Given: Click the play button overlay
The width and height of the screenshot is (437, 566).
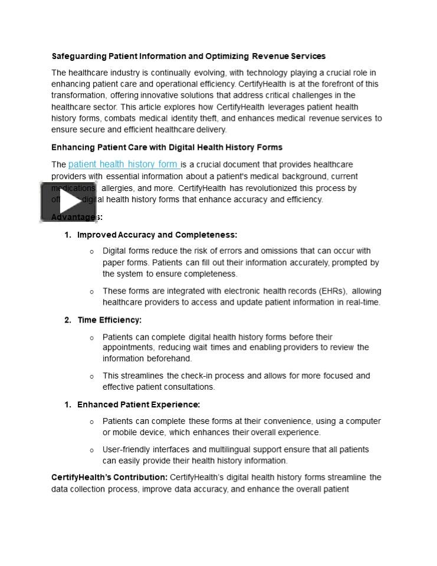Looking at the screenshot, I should coord(68,202).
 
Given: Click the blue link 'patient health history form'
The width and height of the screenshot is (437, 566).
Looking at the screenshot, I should coord(123,164).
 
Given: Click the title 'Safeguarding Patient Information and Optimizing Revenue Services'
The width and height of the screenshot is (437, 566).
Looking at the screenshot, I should coord(188,57).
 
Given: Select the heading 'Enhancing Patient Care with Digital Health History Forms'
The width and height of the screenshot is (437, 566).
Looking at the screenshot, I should coord(167,147).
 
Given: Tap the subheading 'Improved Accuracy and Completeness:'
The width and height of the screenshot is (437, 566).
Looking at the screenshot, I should coord(157,235).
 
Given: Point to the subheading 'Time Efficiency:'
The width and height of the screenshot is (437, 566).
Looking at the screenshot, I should coord(109,320).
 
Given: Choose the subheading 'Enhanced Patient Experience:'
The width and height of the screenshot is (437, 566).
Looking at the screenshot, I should coord(139,404).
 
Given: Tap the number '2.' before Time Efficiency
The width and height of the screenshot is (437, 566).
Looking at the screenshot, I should coord(68,320).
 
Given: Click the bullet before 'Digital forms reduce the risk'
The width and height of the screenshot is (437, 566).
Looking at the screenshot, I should coord(92,252).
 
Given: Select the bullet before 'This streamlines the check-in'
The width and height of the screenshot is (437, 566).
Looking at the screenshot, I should coord(92,376).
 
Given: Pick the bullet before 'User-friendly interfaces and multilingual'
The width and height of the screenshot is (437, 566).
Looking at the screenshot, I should coord(92,450).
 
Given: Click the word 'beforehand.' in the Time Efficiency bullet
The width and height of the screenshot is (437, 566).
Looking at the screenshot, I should coord(169,358).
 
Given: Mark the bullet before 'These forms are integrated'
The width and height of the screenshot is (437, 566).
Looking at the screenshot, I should coord(92,291).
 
